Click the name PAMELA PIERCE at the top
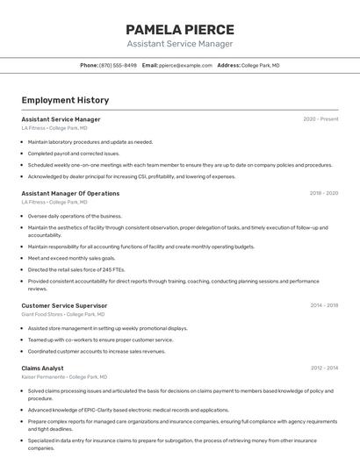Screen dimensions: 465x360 180,29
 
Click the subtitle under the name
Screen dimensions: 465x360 180,44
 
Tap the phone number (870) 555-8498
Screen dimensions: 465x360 118,65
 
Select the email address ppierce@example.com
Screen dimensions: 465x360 185,65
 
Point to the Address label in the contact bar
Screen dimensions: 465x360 228,65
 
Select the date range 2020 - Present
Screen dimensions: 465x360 320,119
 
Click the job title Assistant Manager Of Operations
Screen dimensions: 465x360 70,193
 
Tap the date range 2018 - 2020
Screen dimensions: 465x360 323,193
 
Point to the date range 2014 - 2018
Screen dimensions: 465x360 323,305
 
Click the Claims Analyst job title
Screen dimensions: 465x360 42,368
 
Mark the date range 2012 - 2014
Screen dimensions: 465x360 323,368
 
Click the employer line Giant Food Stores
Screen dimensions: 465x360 62,314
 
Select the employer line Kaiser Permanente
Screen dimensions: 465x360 62,377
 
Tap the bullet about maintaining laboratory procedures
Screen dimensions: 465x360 90,141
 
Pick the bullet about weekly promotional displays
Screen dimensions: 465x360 107,328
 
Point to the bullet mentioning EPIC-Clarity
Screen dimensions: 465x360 128,410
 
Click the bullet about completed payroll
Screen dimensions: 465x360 73,153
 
